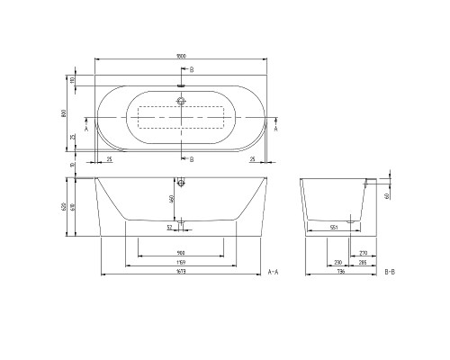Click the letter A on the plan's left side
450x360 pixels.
85,130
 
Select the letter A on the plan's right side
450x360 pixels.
275,130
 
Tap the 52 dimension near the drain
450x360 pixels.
168,227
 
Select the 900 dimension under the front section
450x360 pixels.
181,253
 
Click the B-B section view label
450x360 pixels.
389,271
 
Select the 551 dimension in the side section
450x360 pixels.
335,228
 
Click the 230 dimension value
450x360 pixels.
337,262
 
